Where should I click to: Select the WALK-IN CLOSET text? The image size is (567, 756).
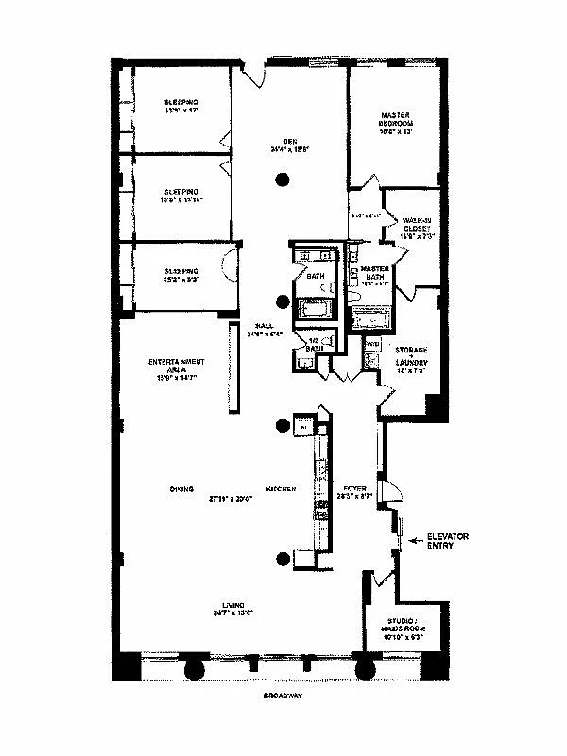point(416,223)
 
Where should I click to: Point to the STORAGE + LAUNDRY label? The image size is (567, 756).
point(412,355)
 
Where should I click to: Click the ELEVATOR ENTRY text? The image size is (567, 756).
point(447,541)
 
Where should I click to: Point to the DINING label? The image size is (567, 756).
point(182,490)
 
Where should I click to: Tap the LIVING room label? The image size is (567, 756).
point(233,605)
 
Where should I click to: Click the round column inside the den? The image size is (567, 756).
point(281,180)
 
